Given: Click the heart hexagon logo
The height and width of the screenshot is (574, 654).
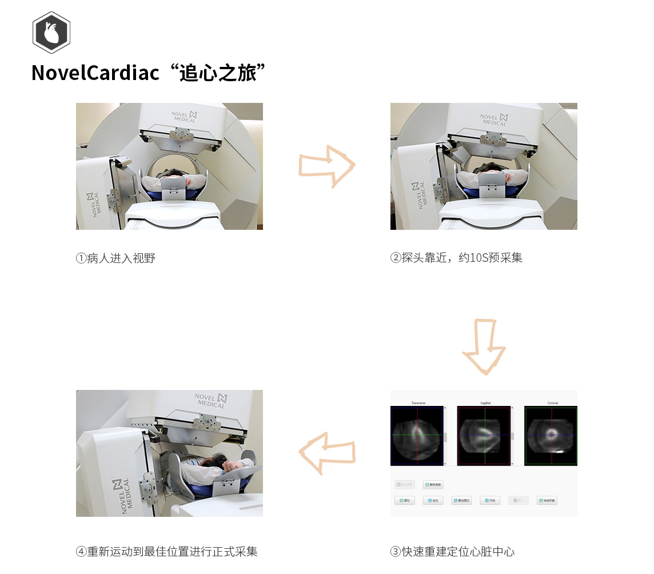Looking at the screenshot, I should click(x=51, y=33).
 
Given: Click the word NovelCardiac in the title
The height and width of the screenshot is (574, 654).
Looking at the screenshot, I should click(x=95, y=73).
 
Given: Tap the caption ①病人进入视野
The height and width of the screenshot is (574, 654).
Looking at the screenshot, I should click(x=115, y=258).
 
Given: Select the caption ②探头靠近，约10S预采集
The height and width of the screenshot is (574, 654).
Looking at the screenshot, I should click(x=456, y=258).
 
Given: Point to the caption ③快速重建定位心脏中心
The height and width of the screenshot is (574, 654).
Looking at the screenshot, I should click(x=452, y=552).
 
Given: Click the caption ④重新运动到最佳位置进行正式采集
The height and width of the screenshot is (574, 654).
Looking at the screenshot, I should click(x=167, y=552).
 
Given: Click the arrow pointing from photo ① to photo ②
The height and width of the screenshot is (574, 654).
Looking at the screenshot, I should click(x=326, y=166).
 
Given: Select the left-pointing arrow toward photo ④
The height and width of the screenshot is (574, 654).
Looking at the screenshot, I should click(x=328, y=453).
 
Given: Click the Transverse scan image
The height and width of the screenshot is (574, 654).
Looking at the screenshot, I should click(x=417, y=436).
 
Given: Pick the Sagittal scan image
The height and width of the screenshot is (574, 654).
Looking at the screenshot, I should click(x=484, y=436).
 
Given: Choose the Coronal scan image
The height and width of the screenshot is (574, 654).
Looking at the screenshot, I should click(x=551, y=436).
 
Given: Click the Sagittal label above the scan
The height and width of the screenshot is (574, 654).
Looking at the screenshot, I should click(x=485, y=403).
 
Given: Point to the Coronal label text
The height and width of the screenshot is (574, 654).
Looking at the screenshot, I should click(x=552, y=403).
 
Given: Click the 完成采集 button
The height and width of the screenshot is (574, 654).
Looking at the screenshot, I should click(x=547, y=500).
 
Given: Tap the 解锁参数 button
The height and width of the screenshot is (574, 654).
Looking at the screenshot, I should click(x=433, y=484).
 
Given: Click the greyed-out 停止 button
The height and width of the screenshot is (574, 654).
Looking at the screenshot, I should click(x=519, y=500).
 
